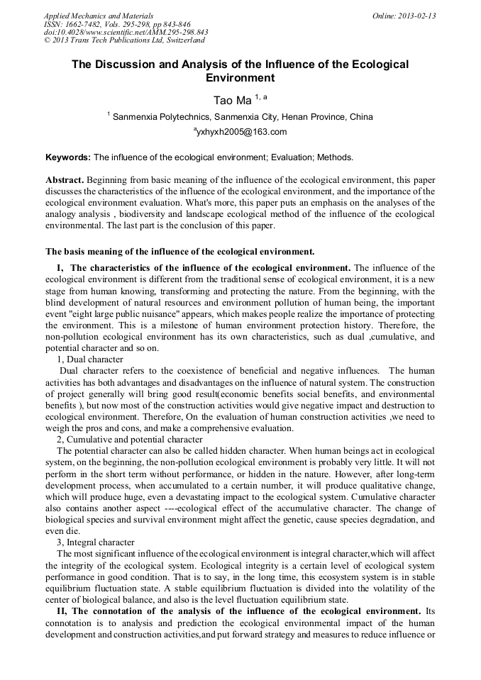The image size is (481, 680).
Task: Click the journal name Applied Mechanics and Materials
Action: tap(89, 16)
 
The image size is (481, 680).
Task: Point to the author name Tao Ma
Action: tap(228, 101)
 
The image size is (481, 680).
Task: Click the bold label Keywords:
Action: tap(68, 157)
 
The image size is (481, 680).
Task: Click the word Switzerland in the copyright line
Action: tap(182, 40)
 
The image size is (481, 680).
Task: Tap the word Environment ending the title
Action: tap(240, 78)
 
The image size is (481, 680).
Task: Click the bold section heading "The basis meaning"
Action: tap(179, 251)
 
